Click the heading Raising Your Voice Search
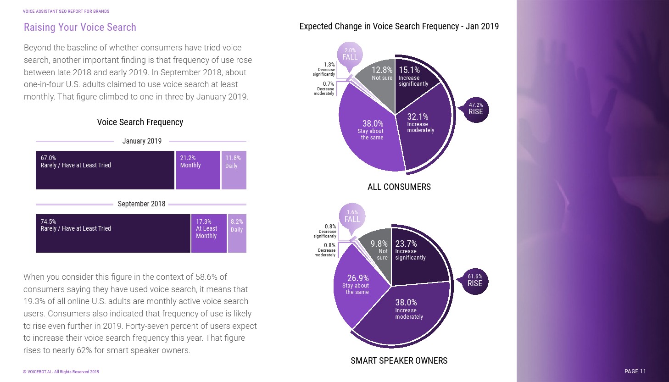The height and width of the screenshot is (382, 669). [80, 28]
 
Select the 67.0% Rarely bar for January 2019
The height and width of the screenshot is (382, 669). [105, 170]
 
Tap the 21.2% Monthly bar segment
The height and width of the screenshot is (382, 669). [198, 170]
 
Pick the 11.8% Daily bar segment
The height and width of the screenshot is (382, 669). [234, 170]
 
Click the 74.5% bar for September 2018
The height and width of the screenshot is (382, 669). [113, 233]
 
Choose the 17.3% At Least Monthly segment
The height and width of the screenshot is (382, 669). [209, 233]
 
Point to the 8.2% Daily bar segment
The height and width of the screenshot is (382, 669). [237, 233]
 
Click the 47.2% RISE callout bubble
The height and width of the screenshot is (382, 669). [476, 110]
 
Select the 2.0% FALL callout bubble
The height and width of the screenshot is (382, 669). [350, 55]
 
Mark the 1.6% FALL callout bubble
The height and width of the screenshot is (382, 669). [352, 216]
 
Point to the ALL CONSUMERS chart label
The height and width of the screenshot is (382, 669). [399, 187]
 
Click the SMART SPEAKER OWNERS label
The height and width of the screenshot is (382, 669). [399, 361]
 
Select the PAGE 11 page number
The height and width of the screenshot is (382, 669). [635, 371]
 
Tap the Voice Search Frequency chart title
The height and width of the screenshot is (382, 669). [140, 122]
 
